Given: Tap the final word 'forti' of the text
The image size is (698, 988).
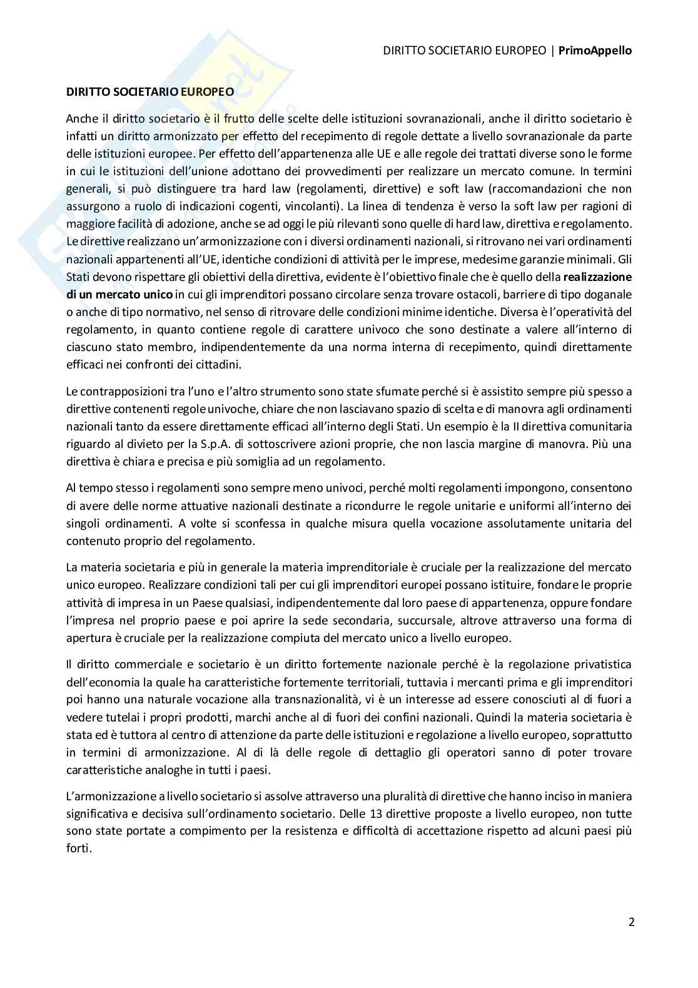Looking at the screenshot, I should tap(78, 849).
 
